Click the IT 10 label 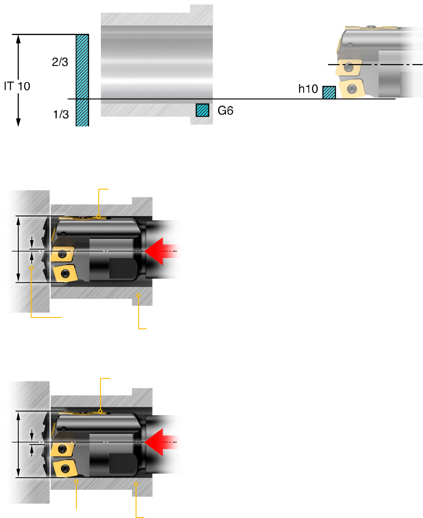pyautogui.click(x=17, y=86)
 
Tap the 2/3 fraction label pyautogui.click(x=60, y=62)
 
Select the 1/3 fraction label pyautogui.click(x=61, y=114)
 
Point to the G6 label pyautogui.click(x=226, y=110)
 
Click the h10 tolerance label pyautogui.click(x=308, y=89)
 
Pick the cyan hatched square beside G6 pyautogui.click(x=202, y=110)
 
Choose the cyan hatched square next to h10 pyautogui.click(x=329, y=93)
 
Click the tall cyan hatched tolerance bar pyautogui.click(x=82, y=80)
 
